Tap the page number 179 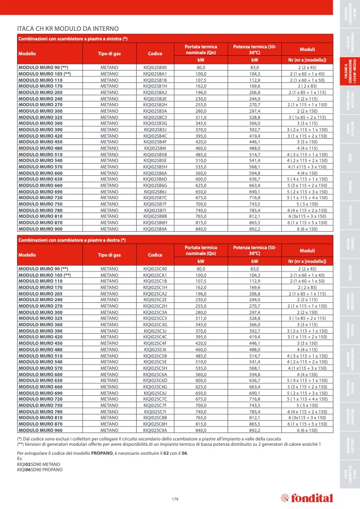pyautogui.click(x=175, y=498)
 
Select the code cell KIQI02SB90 pyautogui.click(x=155, y=68)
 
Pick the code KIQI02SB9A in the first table pyautogui.click(x=155, y=228)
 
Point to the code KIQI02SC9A pyautogui.click(x=155, y=430)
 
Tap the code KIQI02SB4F pyautogui.click(x=155, y=142)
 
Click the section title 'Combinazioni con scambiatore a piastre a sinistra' pyautogui.click(x=73, y=39)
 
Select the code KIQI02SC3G pyautogui.click(x=155, y=324)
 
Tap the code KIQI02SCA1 pyautogui.click(x=155, y=275)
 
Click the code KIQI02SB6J pyautogui.click(x=155, y=191)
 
